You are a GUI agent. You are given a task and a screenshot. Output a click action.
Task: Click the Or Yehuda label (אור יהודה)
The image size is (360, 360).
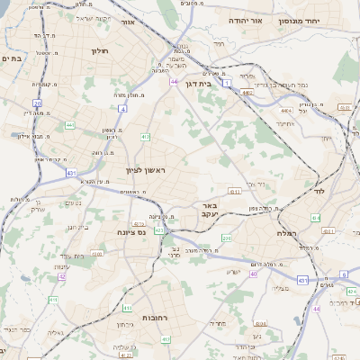[x=244, y=19]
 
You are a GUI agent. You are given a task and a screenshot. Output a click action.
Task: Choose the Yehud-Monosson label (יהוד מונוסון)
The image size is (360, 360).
[x=319, y=18]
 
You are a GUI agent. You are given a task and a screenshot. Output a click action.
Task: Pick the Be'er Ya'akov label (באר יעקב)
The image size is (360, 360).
[x=210, y=210]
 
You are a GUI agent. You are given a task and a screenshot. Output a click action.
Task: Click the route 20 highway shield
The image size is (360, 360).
[x=37, y=103]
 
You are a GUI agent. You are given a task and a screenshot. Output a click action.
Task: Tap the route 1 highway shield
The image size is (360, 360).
[x=228, y=83]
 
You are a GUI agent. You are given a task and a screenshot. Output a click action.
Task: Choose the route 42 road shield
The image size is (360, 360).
[x=62, y=276]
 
